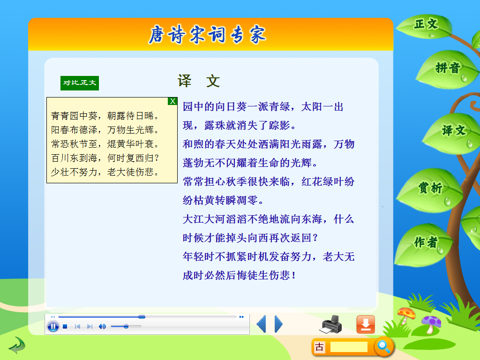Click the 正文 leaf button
coord(426,26)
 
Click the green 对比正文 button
coord(80,83)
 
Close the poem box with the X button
coord(172,101)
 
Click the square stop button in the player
coord(65,327)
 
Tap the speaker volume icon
coord(102,327)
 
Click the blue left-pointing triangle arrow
coord(262,324)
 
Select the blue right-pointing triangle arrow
coord(278,324)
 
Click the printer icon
coord(331,324)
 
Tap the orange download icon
coord(366,324)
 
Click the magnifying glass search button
coord(384,346)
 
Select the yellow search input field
coord(349,347)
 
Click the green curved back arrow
coord(17,345)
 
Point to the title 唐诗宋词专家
coord(207,35)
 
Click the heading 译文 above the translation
coord(199,81)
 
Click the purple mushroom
coord(431,324)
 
